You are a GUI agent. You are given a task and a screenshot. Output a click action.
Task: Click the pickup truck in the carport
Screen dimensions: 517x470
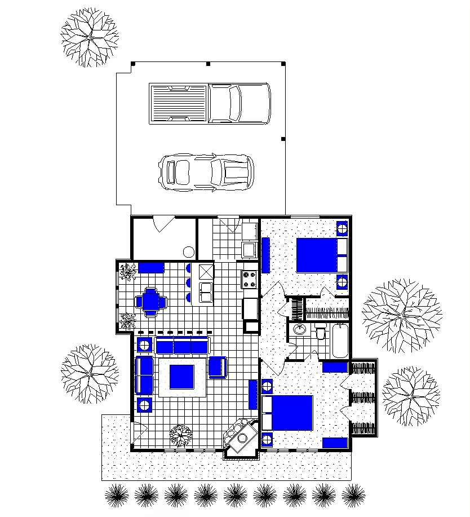point(210,103)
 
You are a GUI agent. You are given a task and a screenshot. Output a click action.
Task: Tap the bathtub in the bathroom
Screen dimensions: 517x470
point(340,341)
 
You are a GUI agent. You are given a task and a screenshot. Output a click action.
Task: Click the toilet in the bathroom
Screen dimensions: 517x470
point(321,334)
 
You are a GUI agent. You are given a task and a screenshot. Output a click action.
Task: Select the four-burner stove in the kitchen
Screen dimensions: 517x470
point(250,278)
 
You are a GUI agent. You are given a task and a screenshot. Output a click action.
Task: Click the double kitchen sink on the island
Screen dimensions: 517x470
point(206,292)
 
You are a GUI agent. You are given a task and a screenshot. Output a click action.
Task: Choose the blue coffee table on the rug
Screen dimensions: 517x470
point(182,377)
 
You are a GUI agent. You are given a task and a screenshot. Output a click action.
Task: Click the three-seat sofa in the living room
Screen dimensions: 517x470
point(181,345)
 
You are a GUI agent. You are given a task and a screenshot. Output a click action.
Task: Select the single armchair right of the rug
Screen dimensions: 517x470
point(218,367)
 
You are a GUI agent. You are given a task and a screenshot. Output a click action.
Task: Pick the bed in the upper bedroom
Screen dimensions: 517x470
point(321,255)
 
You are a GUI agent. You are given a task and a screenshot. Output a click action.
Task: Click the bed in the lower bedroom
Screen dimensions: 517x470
point(287,413)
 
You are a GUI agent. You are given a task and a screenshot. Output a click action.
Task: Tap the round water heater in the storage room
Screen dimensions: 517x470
point(188,251)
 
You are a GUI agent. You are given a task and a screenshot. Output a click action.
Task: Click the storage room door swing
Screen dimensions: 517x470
point(163,223)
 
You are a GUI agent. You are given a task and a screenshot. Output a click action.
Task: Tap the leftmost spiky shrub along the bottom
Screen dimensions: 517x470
point(117,495)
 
